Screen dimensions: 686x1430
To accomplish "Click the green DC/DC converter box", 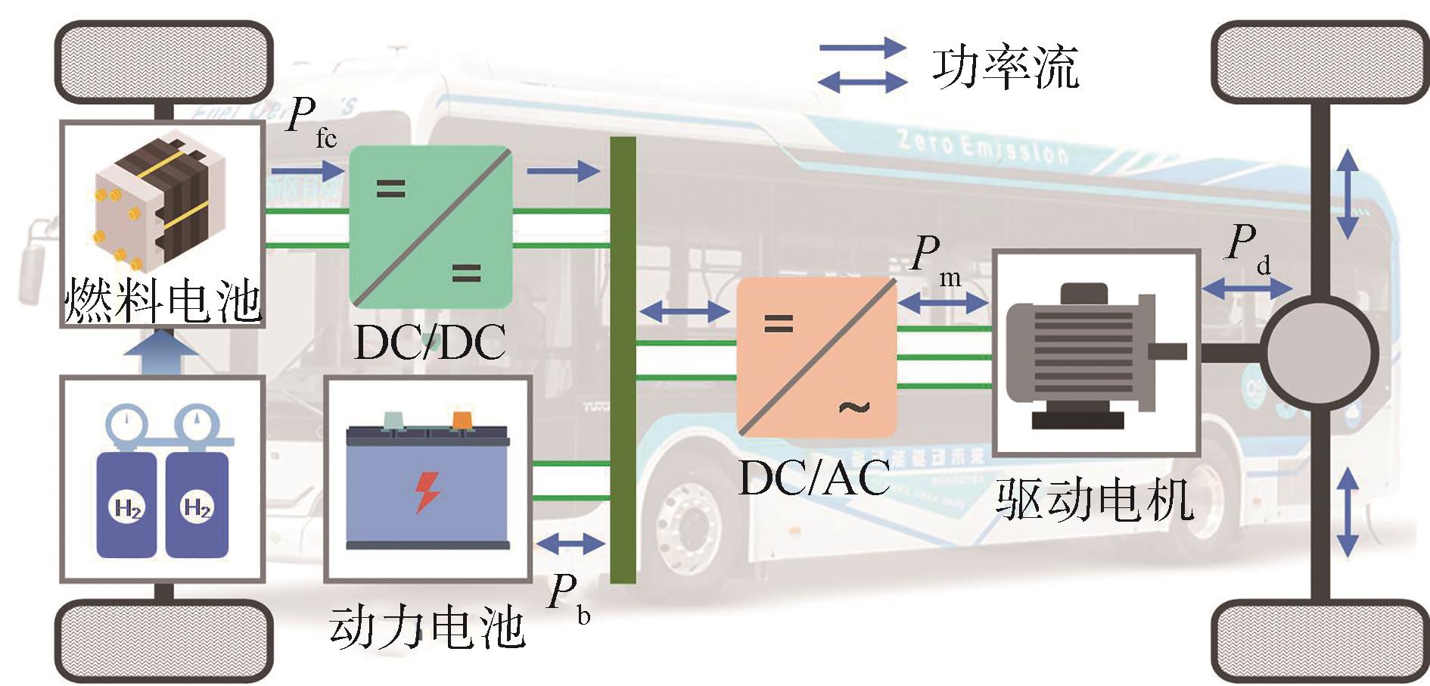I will point(430,227).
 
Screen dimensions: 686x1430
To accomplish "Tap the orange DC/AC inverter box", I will point(816,357).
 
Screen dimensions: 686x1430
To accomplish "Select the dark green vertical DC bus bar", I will point(622,360).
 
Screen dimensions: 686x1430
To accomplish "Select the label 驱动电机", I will point(1094,500).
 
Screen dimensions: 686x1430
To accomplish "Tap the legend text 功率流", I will point(1005,68).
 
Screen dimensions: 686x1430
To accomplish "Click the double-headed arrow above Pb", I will point(570,544).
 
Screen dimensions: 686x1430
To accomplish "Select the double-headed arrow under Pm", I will point(943,303).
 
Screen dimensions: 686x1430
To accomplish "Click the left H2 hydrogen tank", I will point(127,504).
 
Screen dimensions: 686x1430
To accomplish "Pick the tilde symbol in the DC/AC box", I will point(854,407).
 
